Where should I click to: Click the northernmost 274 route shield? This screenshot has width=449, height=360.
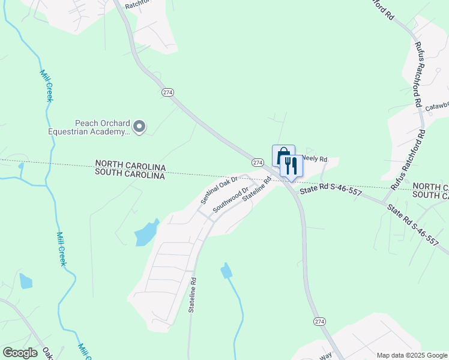click(167, 92)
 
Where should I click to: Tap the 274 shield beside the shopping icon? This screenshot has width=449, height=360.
click(258, 163)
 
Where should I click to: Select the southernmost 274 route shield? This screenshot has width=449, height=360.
click(319, 322)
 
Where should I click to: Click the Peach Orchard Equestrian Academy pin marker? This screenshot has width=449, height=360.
click(139, 126)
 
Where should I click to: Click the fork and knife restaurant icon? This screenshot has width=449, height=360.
click(292, 166)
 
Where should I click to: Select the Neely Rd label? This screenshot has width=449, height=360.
click(314, 159)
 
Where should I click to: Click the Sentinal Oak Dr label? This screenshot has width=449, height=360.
click(220, 188)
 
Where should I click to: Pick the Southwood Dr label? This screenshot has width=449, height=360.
click(231, 199)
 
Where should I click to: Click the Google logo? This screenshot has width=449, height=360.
click(20, 353)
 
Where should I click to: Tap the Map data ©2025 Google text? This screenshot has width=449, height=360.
click(412, 355)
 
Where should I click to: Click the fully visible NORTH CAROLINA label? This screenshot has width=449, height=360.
click(130, 164)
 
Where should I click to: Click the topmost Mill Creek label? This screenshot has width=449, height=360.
click(46, 86)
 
